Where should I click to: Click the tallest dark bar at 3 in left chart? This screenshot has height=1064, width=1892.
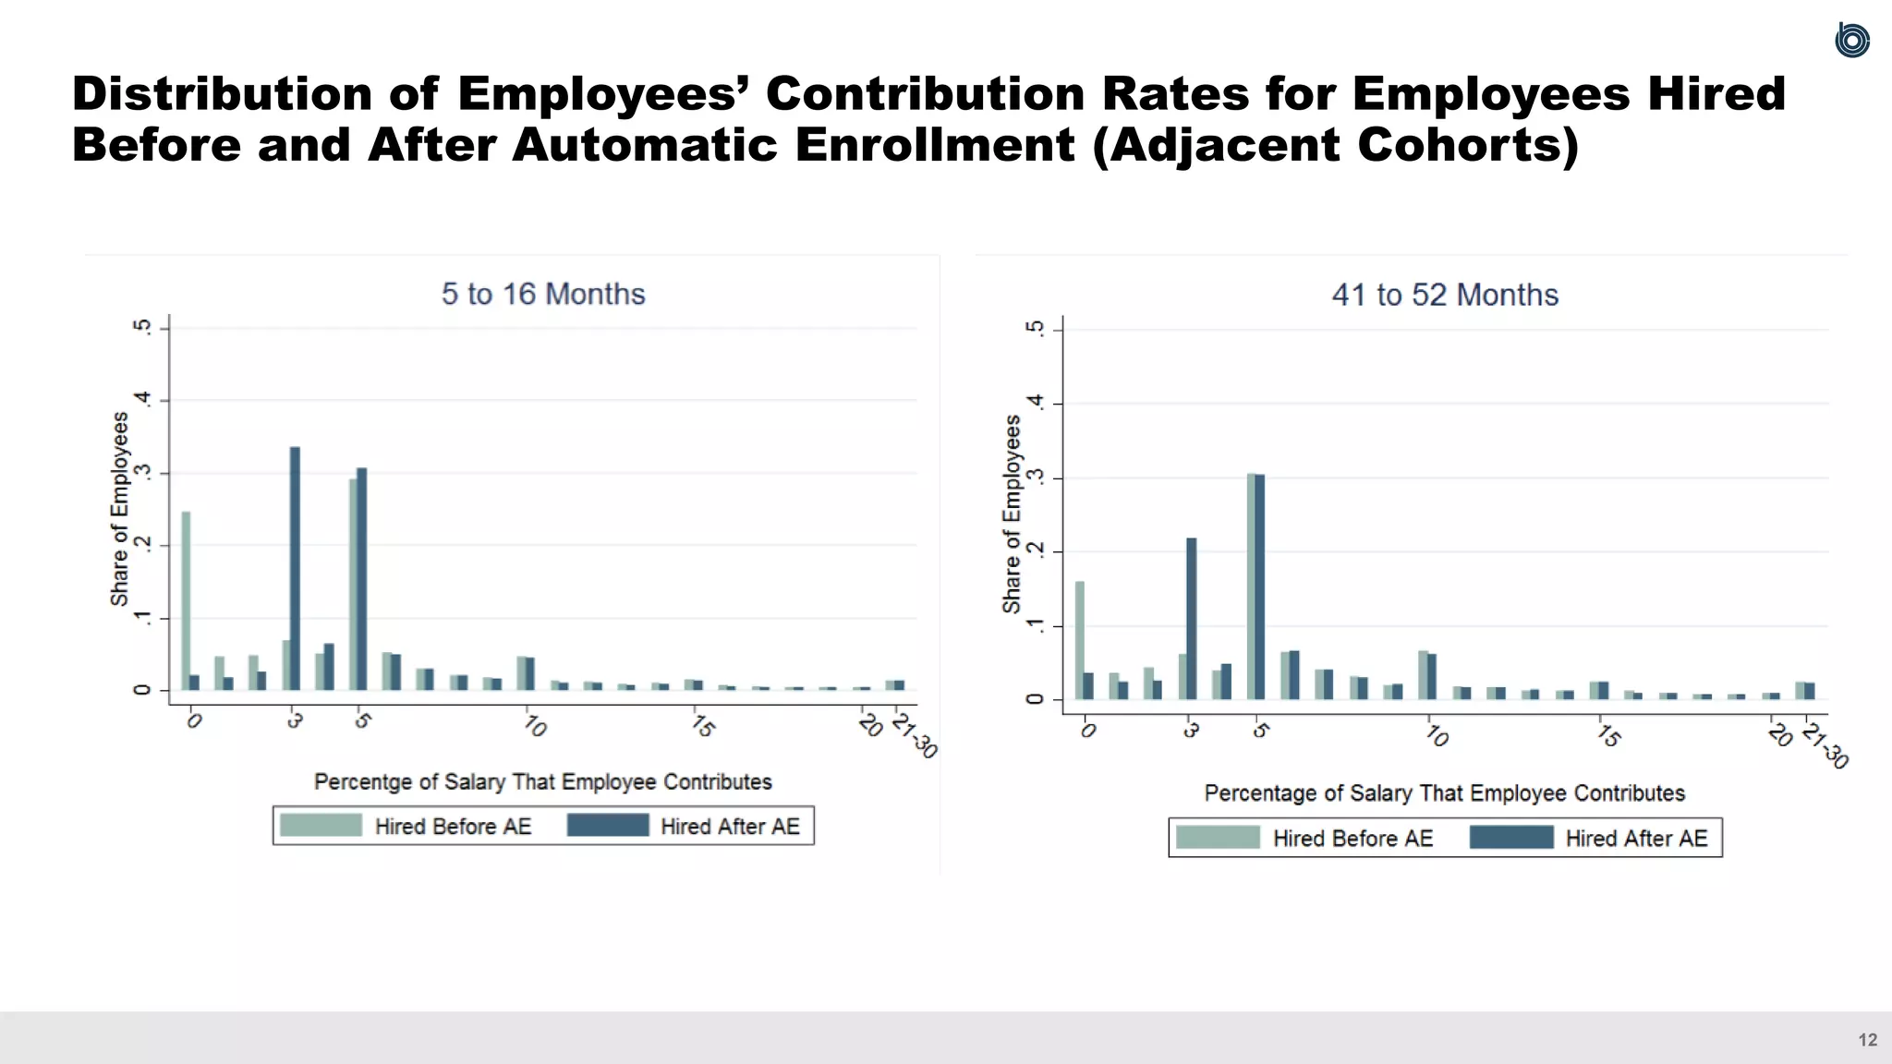pos(295,568)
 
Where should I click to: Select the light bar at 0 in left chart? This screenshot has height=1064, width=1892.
pos(186,600)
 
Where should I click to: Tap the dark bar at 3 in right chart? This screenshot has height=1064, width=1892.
pos(1192,619)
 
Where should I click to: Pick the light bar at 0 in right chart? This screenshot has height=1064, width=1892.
pos(1080,640)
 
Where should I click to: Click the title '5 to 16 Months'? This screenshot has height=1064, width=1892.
pos(543,294)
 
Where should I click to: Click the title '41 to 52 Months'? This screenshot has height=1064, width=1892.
pos(1445,295)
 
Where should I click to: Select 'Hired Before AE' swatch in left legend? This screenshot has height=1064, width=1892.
pos(321,826)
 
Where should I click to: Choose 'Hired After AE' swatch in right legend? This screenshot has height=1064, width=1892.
pos(1511,838)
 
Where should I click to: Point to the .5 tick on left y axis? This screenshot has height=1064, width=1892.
pos(141,327)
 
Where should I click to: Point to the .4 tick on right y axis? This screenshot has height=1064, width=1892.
pos(1036,403)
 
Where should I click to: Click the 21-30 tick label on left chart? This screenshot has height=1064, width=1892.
pos(915,735)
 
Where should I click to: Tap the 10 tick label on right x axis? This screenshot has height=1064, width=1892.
pos(1437,736)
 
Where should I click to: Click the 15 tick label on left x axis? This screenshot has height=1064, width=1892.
pos(703,726)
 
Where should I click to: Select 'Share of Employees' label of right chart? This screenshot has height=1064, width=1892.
pos(1013,514)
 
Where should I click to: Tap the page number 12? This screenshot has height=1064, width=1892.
pos(1867,1040)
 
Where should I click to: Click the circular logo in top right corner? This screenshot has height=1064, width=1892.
pos(1851,41)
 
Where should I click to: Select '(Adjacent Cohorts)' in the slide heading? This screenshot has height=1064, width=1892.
pos(1335,145)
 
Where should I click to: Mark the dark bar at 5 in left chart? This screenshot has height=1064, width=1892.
pos(362,579)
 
